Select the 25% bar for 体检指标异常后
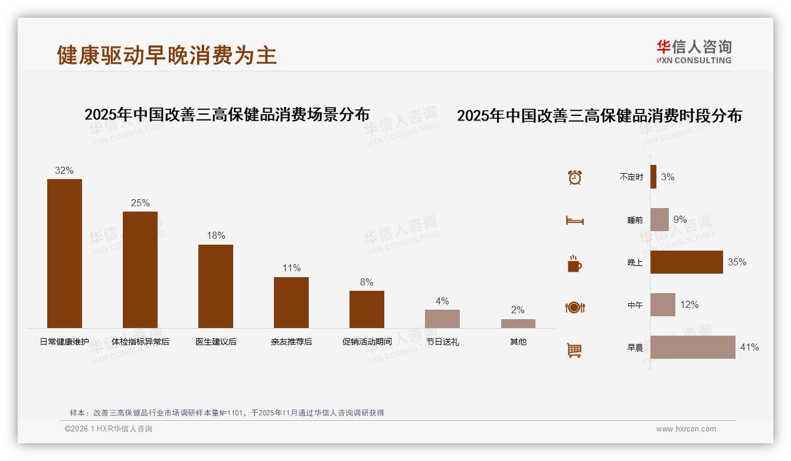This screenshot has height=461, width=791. tap(140, 270)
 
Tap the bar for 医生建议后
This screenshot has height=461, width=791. tap(215, 286)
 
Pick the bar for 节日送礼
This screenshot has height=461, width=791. tap(442, 319)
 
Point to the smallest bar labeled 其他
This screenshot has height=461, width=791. tap(518, 323)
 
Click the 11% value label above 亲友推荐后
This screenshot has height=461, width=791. tap(291, 268)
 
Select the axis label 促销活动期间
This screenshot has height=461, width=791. tap(367, 342)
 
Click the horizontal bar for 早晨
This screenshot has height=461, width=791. tap(692, 347)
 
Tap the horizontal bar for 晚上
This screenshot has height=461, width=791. tap(687, 262)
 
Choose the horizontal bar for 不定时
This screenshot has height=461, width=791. tap(653, 177)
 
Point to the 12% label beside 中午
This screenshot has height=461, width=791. tap(689, 304)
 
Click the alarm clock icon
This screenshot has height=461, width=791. tap(574, 177)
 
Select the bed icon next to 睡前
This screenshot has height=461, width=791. tap(574, 220)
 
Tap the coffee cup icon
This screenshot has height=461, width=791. tap(574, 264)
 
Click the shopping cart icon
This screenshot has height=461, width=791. tap(574, 350)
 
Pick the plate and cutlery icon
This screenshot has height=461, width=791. tap(574, 307)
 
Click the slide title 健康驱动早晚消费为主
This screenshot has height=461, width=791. tap(166, 55)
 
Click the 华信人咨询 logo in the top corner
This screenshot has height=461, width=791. tap(694, 51)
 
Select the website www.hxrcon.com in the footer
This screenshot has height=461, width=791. tap(686, 429)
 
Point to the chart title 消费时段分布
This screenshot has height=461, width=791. tap(599, 115)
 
